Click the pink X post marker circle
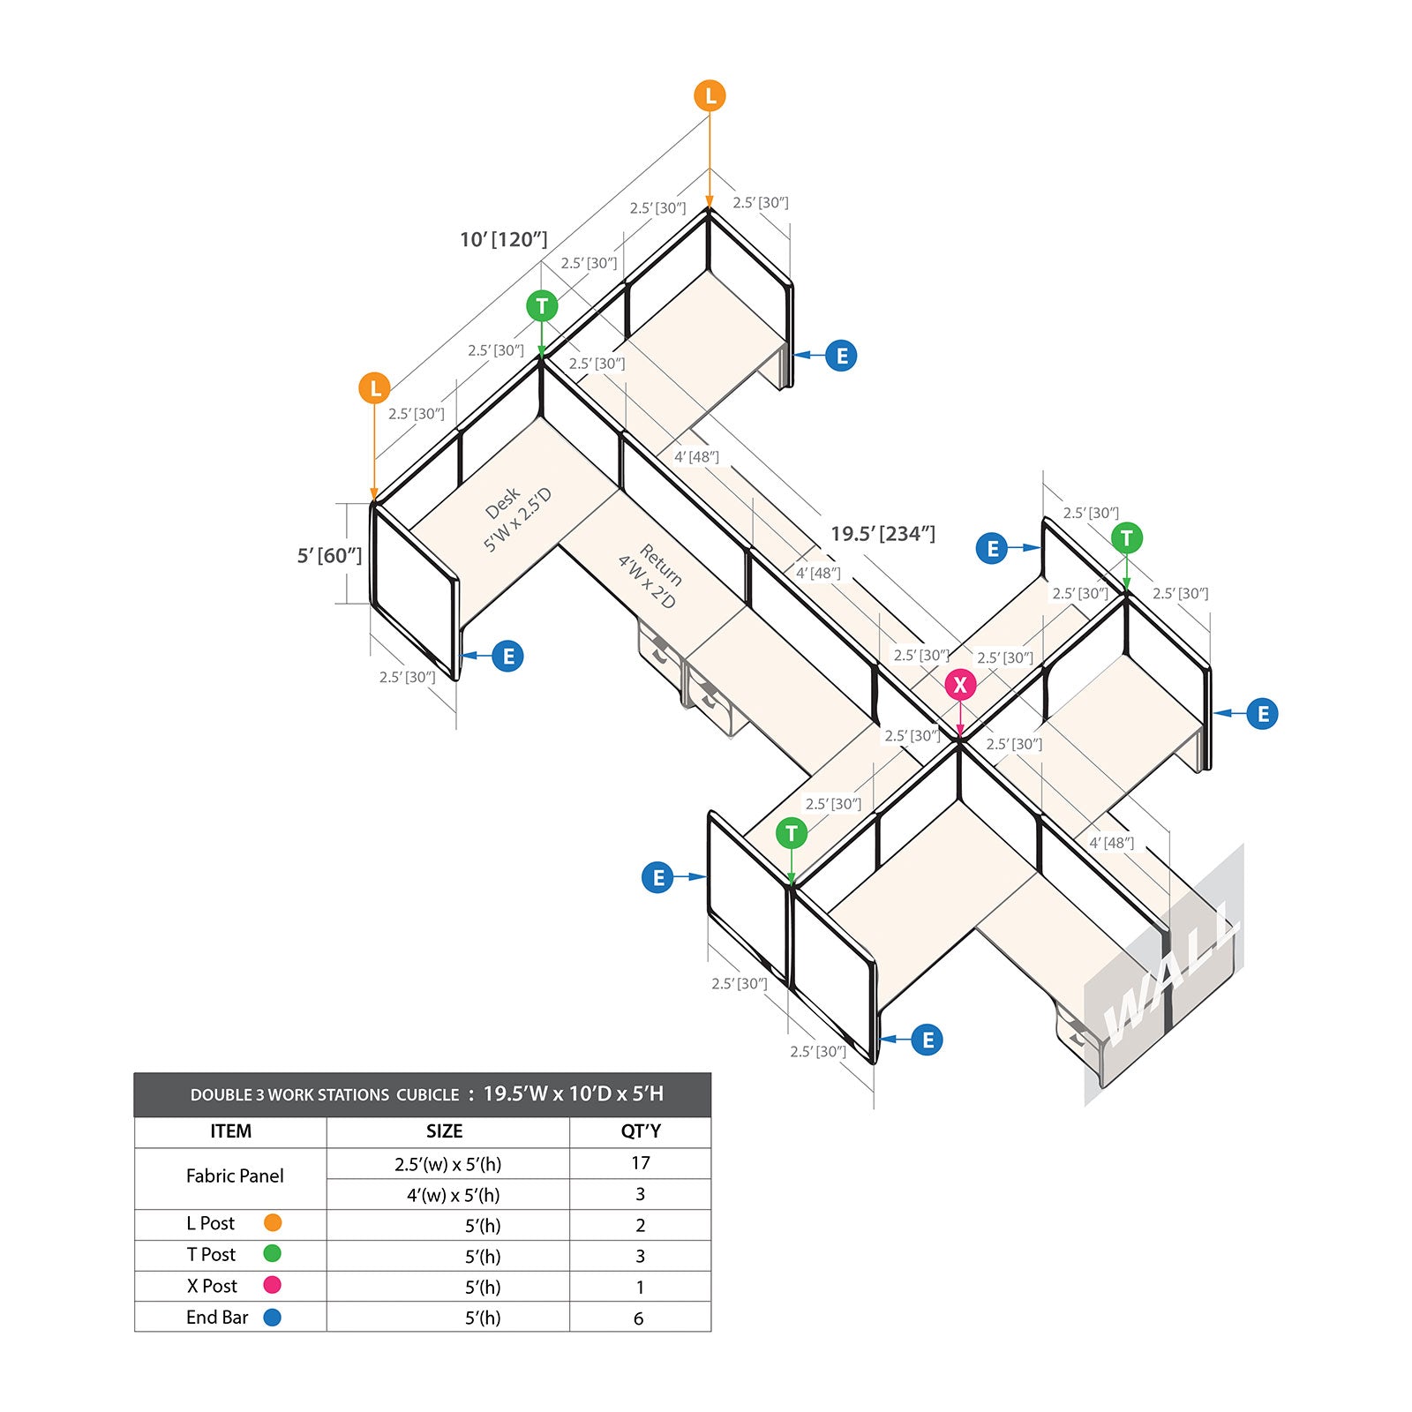coord(960,685)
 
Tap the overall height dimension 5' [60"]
coord(329,555)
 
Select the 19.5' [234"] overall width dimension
coord(882,534)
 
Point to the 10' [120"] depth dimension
coord(504,239)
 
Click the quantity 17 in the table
coord(641,1163)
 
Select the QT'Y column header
coord(641,1131)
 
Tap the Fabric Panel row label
coord(235,1175)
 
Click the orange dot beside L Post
coord(273,1222)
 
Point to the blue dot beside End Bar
coord(273,1317)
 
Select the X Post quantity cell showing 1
coord(640,1287)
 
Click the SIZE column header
coord(444,1131)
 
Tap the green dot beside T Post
coord(273,1253)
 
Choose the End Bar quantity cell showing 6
coord(639,1318)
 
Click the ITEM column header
coord(230,1131)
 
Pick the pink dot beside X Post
coord(273,1285)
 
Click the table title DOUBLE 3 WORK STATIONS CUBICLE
coord(325,1095)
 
